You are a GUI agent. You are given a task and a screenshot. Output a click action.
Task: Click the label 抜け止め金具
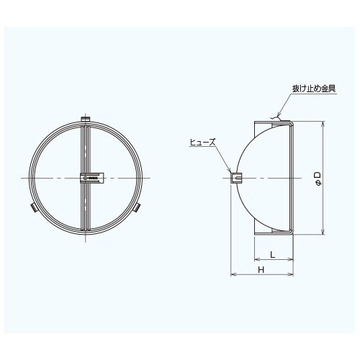314,89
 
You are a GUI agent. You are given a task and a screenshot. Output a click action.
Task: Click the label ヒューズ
202,143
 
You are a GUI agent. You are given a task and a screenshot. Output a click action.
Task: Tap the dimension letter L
272,254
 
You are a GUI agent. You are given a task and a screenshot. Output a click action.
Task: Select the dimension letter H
261,270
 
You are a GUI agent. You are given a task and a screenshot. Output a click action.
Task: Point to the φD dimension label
318,179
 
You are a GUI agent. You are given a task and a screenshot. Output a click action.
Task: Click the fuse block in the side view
236,178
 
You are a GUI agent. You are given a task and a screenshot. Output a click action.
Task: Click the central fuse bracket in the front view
92,178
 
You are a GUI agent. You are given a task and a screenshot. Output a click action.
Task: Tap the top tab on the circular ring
85,119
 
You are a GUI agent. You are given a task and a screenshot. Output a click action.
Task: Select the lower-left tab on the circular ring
33,207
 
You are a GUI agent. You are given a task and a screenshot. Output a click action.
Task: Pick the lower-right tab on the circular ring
137,207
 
